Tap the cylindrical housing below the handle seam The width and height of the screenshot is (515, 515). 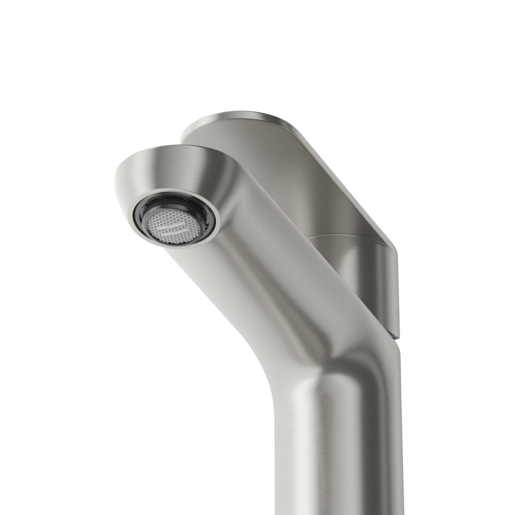coord(356,276)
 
